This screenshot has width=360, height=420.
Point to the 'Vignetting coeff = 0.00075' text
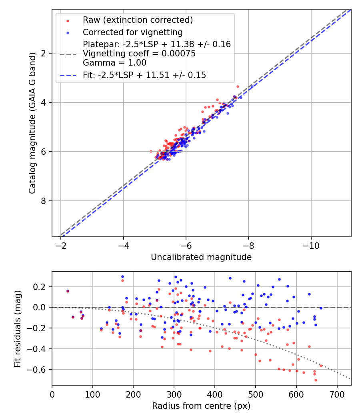coord(139,54)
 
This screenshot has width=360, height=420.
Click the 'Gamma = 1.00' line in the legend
coord(114,63)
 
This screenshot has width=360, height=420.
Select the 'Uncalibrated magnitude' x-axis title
coord(201,257)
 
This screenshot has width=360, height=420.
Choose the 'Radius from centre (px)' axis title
coord(201,406)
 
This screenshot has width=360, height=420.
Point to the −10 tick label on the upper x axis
coord(311,245)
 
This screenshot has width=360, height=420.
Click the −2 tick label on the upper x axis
coord(61,245)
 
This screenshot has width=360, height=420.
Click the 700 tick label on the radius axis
coord(337,394)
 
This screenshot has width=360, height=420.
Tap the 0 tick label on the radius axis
coord(52,394)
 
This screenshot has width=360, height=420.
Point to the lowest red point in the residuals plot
coord(316,380)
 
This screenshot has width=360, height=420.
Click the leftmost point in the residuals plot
coord(68,291)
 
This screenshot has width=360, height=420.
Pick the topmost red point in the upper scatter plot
coord(238,86)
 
